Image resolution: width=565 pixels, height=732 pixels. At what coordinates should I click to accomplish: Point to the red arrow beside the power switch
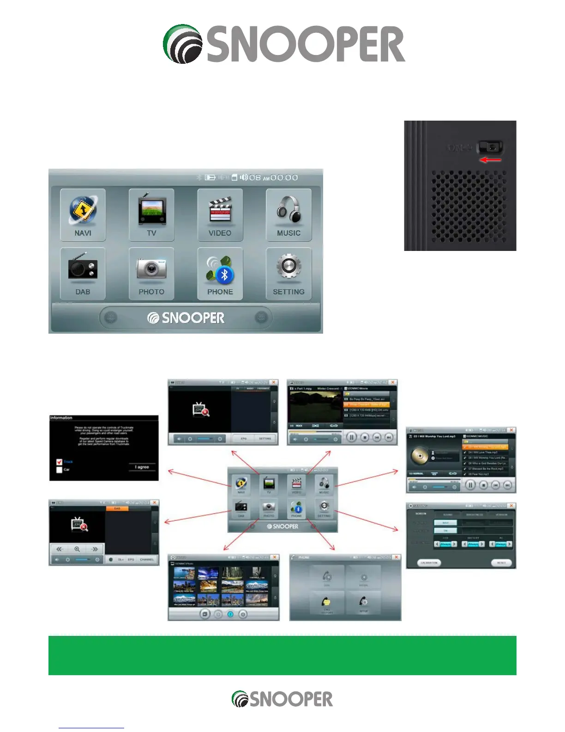[x=491, y=160]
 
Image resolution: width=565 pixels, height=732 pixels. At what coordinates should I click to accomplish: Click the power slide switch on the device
[x=491, y=147]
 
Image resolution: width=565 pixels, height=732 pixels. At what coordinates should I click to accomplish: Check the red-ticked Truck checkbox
[x=59, y=462]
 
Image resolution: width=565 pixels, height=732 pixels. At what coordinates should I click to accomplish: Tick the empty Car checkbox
[x=59, y=470]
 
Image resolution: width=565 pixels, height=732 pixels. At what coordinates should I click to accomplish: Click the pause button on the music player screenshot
[x=470, y=485]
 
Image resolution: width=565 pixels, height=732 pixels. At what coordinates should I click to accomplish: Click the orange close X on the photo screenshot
[x=274, y=557]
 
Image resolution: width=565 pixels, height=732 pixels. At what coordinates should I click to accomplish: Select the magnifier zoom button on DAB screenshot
[x=77, y=549]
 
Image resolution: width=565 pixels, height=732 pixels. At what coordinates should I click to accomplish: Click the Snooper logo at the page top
[x=283, y=44]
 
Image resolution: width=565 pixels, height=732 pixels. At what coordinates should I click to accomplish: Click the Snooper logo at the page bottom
[x=282, y=699]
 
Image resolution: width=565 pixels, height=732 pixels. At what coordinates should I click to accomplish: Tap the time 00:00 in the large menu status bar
[x=284, y=177]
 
